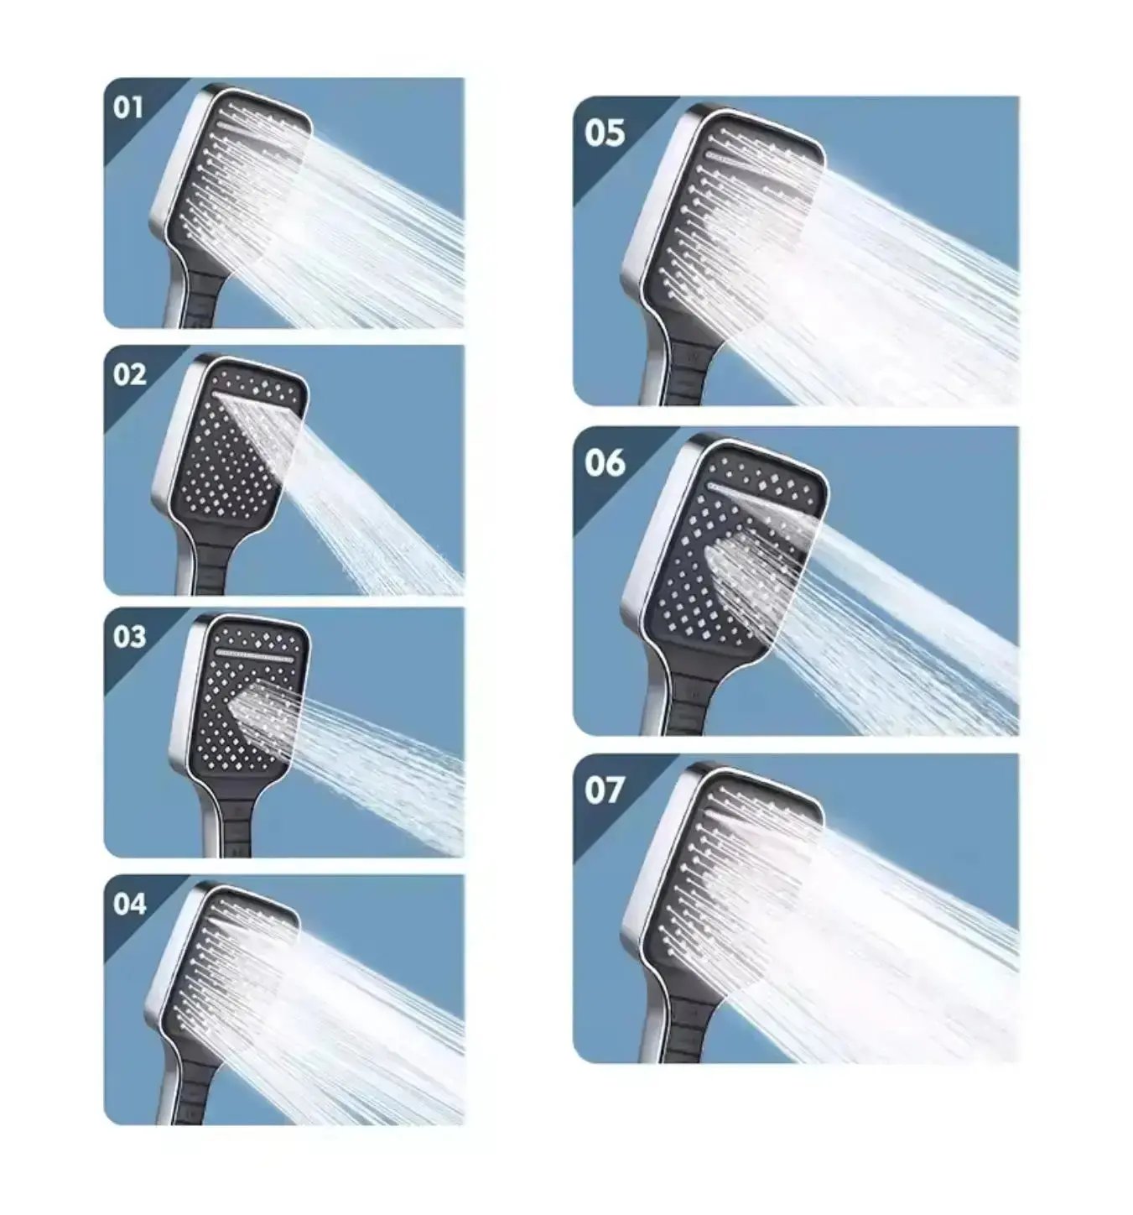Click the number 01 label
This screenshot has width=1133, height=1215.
point(129,107)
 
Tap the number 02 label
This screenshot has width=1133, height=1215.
point(130,374)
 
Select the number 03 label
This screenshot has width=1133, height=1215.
point(130,636)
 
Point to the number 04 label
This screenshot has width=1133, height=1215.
point(130,904)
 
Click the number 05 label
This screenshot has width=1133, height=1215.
point(605,133)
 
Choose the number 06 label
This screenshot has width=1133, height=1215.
point(605,461)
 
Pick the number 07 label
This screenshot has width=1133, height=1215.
point(605,790)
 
